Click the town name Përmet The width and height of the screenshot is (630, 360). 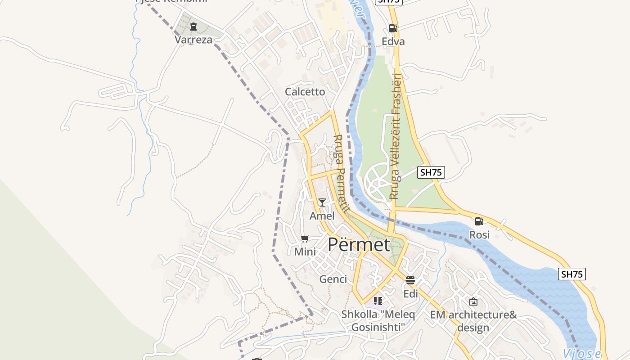pos(359,245)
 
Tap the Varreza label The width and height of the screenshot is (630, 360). pos(193,40)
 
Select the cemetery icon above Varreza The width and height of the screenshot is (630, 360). pos(193,27)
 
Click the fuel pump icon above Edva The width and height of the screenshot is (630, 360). pos(393,28)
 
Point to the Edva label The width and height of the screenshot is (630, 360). pos(393,41)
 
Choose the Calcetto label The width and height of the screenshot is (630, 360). pos(305,92)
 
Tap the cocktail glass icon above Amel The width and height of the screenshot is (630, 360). pos(322,202)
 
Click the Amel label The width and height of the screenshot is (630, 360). pos(322,216)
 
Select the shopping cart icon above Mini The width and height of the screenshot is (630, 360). pos(305,238)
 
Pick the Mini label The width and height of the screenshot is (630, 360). pos(305,252)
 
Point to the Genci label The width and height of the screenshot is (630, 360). pos(333,279)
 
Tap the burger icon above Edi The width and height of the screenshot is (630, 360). pos(410,280)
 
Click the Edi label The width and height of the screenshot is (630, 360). pos(410,294)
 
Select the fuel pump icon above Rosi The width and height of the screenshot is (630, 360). pos(479,221)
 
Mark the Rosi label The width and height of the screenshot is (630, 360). pos(479,235)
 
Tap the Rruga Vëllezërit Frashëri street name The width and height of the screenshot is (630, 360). pos(395,136)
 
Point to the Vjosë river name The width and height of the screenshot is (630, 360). pos(582,353)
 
